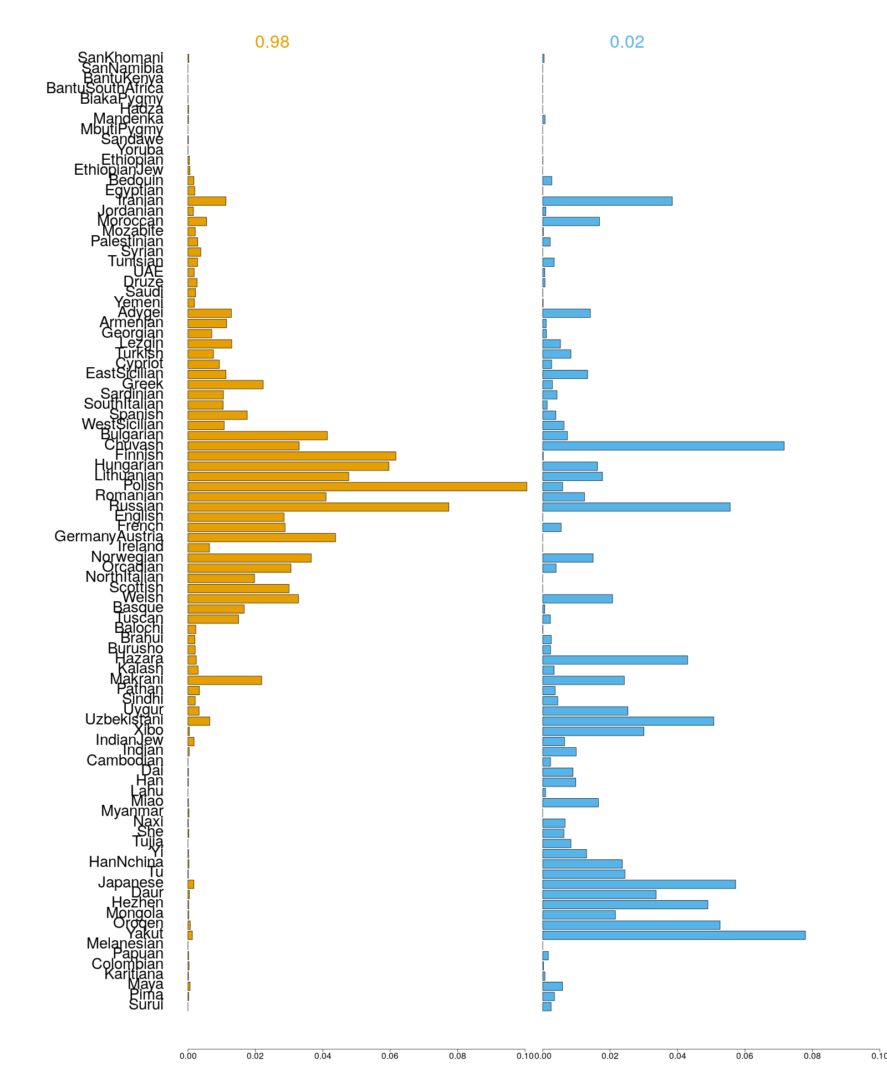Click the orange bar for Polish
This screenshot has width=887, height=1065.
(357, 486)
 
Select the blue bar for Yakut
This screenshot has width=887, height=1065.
(674, 935)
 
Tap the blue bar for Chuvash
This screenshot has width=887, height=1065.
(663, 446)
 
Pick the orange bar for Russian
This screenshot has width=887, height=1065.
(318, 507)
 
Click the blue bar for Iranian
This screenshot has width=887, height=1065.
(607, 201)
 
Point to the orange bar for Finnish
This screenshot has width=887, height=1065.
(292, 456)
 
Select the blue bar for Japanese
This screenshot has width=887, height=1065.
(639, 884)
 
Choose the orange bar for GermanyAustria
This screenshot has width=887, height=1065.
(262, 537)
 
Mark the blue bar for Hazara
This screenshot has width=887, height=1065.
(615, 660)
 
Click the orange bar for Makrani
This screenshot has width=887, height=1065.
(225, 681)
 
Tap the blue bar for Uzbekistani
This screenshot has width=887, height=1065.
(628, 721)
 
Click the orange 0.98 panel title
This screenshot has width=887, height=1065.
(272, 42)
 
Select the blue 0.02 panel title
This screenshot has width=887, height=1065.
(627, 42)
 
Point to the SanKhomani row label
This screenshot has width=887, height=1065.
(120, 58)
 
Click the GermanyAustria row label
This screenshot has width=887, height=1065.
(109, 537)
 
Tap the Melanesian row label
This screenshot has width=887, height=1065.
(125, 944)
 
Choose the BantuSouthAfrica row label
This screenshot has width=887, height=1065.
(105, 88)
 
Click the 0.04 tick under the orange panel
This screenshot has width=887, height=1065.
(323, 1056)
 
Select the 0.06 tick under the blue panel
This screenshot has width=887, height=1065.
(745, 1056)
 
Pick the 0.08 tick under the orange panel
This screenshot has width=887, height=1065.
(457, 1056)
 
